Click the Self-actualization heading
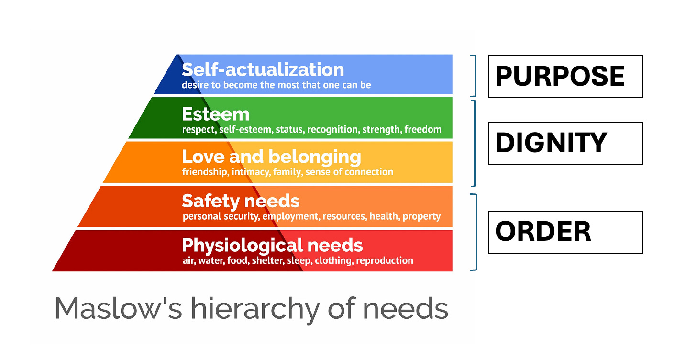coord(263,70)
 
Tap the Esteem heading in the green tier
coord(216,114)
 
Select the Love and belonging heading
coord(271,157)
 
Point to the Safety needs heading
coord(241,201)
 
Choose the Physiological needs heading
coord(272,245)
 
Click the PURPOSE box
coord(565,77)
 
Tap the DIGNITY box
coord(565,143)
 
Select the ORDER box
coord(565,232)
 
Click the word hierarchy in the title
coord(254,308)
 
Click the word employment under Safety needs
coord(290,216)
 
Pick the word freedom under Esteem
coord(423,130)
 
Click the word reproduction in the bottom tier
coord(385,261)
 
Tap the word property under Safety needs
coord(421,216)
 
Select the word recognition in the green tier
coord(332,130)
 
